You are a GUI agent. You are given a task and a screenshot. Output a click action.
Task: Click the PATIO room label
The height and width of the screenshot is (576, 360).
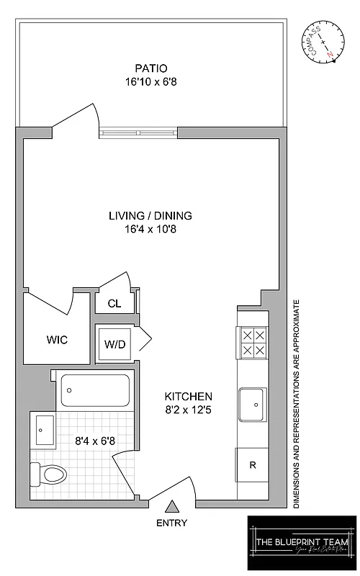(150, 68)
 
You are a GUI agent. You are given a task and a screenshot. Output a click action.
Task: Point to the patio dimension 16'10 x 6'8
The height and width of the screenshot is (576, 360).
(150, 82)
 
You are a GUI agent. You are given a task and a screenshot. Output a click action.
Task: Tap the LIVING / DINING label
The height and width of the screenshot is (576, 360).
(150, 216)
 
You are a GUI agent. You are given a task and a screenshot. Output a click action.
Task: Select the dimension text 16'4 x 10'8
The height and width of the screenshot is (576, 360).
(150, 230)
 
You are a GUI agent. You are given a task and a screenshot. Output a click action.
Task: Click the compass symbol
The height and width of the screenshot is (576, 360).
(320, 43)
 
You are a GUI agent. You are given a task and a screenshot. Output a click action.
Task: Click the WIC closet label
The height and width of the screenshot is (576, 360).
(57, 339)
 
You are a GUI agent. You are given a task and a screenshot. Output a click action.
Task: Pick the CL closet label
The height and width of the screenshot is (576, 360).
(114, 304)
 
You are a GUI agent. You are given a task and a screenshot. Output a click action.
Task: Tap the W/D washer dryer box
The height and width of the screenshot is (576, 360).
(114, 344)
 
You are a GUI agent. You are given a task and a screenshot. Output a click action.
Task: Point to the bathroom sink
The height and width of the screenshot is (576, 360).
(42, 431)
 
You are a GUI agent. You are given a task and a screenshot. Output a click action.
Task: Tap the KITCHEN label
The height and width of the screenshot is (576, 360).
(188, 397)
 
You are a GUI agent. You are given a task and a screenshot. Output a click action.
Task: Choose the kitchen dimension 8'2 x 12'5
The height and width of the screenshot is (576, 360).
(188, 411)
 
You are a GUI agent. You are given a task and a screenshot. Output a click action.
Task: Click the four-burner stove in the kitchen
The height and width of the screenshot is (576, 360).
(253, 343)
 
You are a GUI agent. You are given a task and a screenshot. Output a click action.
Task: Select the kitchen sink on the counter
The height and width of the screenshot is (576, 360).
(252, 405)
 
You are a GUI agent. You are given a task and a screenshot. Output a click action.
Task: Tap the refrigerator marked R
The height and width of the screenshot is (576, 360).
(252, 465)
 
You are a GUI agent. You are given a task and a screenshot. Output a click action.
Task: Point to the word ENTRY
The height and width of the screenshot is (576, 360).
(171, 523)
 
